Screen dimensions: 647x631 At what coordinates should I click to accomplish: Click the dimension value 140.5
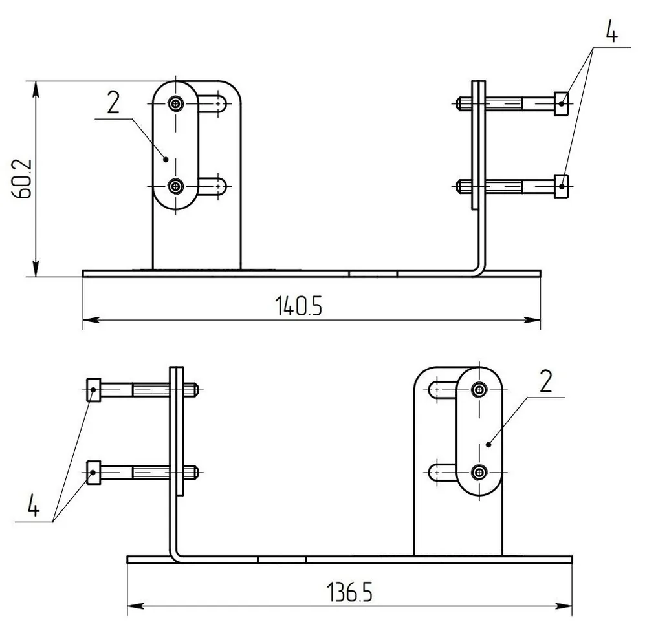tap(298, 306)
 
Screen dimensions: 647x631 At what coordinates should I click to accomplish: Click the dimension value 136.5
tap(349, 592)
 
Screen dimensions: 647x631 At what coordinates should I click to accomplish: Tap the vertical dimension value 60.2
tap(22, 178)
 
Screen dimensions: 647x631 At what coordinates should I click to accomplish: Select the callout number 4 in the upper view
tap(612, 31)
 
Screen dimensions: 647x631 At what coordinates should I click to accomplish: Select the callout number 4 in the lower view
tap(34, 505)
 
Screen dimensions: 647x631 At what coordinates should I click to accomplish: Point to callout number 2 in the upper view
tap(113, 102)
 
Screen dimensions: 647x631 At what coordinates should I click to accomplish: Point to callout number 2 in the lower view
tap(546, 381)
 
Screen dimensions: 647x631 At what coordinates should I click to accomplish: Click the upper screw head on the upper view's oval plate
tap(176, 103)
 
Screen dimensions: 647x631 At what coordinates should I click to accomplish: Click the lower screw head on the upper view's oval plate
tap(176, 186)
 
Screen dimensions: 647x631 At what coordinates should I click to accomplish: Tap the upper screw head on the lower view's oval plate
tap(479, 389)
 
